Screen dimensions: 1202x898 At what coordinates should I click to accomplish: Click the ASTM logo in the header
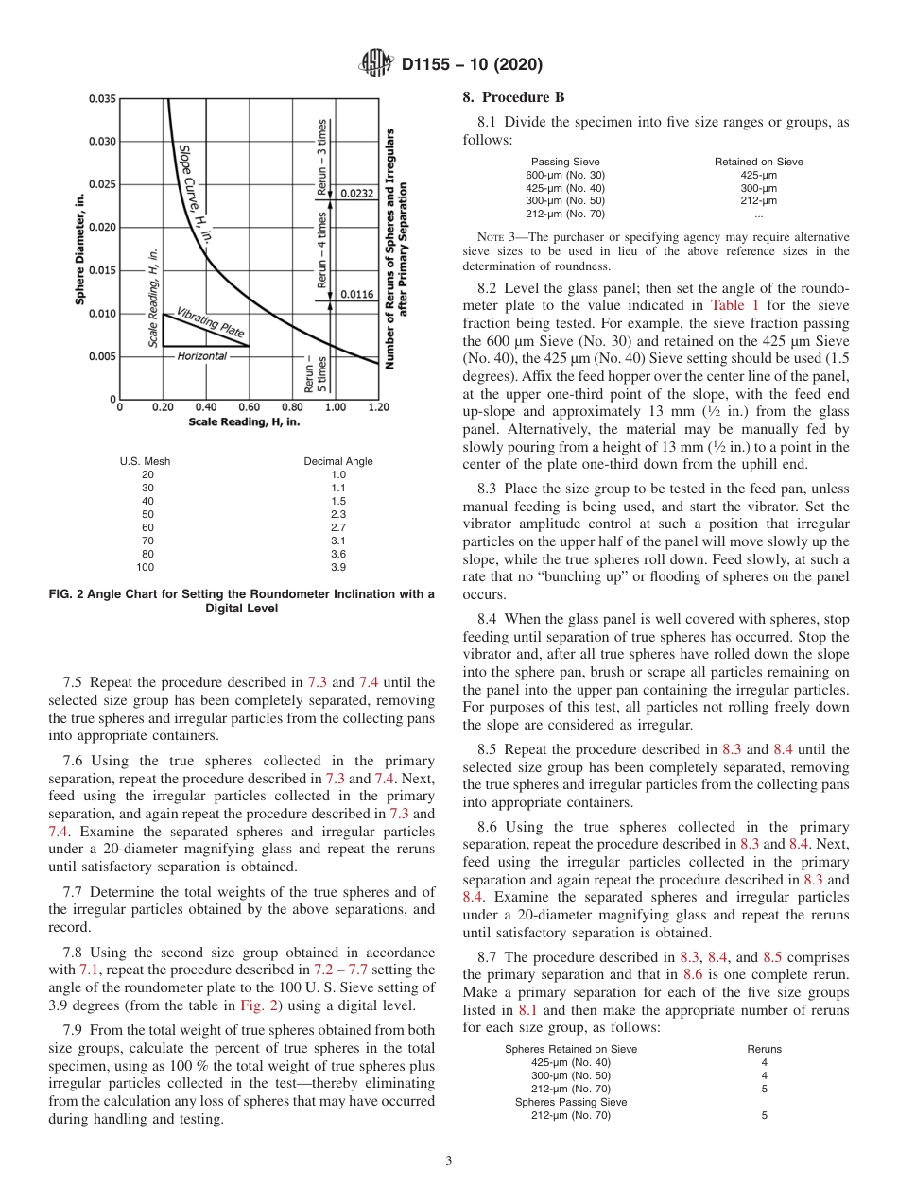pos(377,65)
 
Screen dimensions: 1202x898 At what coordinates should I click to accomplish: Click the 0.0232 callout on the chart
pos(357,193)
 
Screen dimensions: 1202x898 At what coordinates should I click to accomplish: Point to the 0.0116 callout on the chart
pos(357,294)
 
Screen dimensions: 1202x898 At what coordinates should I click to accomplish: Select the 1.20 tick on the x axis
pos(378,408)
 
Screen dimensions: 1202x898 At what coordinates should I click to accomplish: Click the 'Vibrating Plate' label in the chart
pos(211,321)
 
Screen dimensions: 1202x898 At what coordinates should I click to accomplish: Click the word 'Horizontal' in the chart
pos(202,356)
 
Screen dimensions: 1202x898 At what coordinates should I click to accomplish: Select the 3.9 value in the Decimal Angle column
pos(337,567)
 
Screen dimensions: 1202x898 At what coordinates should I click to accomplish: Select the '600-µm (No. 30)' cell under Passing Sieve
pos(564,175)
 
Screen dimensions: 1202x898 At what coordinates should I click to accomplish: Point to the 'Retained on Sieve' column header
pos(758,162)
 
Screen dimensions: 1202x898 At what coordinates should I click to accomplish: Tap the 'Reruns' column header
pos(764,1049)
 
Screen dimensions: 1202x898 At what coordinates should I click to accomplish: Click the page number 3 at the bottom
pos(449,1160)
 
